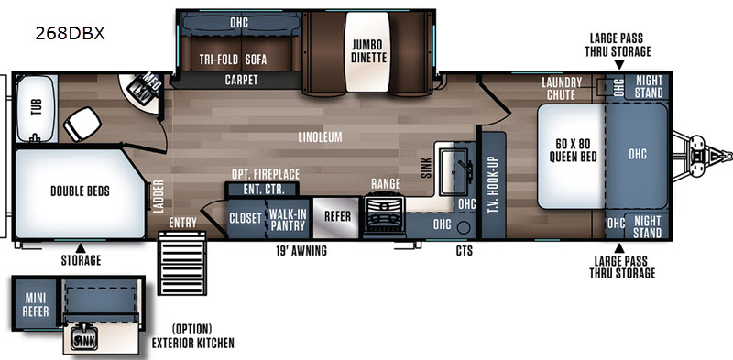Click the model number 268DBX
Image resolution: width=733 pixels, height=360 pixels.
[71, 34]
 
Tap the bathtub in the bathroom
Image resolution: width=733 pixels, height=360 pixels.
[37, 108]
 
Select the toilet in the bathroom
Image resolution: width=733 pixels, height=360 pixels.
[82, 124]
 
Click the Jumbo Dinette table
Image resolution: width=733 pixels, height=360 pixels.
[367, 51]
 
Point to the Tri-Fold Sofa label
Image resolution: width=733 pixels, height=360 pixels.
[233, 60]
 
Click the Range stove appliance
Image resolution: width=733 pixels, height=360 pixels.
[385, 217]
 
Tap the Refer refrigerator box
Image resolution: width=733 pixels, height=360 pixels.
[337, 216]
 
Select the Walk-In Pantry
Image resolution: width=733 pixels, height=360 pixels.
[288, 220]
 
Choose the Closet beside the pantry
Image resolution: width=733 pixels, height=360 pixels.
[246, 219]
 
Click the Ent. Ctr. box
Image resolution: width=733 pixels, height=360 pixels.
[262, 190]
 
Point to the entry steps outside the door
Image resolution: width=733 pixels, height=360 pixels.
[181, 263]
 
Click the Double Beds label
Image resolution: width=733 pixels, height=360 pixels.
[80, 191]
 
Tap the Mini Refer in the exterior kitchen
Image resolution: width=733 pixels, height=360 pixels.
[36, 306]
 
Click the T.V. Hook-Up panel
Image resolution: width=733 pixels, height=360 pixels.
[493, 186]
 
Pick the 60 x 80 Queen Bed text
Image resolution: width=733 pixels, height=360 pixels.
[574, 150]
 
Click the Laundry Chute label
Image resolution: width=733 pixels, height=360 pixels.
[562, 88]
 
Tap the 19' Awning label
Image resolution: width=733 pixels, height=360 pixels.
[301, 251]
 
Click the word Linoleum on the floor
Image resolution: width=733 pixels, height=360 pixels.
[320, 137]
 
